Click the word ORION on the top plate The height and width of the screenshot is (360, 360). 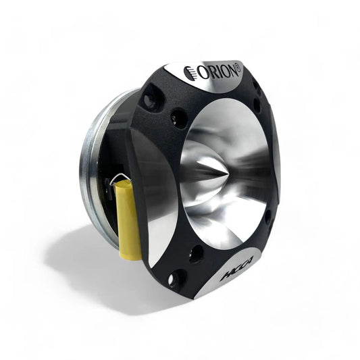click(x=215, y=70)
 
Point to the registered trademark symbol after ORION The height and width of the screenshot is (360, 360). click(x=237, y=65)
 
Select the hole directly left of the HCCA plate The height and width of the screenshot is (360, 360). click(x=196, y=254)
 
